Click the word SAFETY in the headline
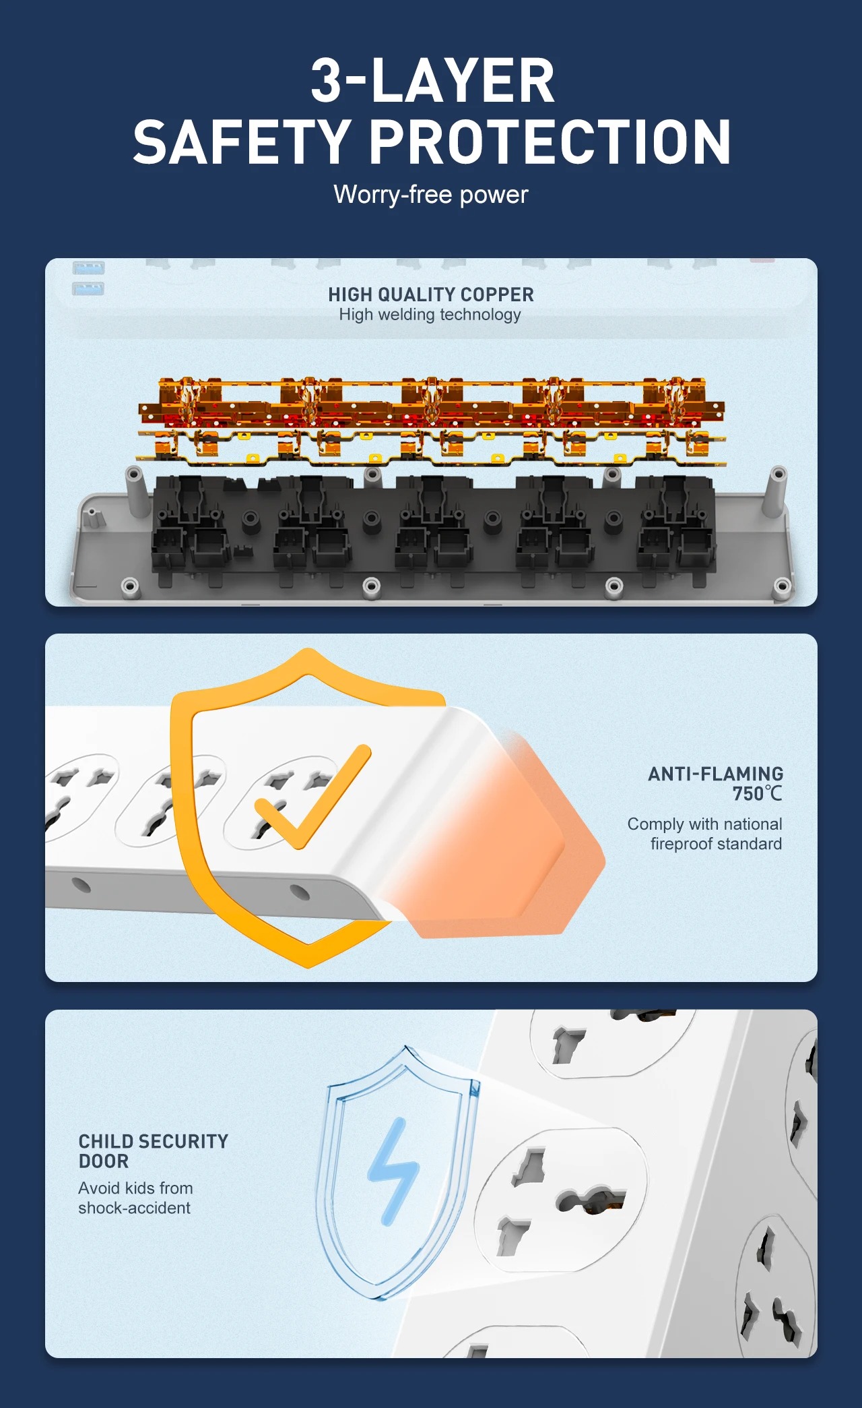point(240,142)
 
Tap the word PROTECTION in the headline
point(550,142)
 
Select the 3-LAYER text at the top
point(432,80)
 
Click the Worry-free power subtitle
point(431,195)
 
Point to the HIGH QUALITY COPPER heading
point(431,295)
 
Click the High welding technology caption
point(430,315)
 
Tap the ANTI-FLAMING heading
point(716,774)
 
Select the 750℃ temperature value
point(758,794)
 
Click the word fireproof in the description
point(683,844)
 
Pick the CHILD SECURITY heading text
point(154,1141)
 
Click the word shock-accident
point(135,1208)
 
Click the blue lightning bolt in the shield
point(394,1171)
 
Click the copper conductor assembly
point(432,422)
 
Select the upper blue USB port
point(88,268)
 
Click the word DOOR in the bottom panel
point(104,1161)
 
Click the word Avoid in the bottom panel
point(100,1188)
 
